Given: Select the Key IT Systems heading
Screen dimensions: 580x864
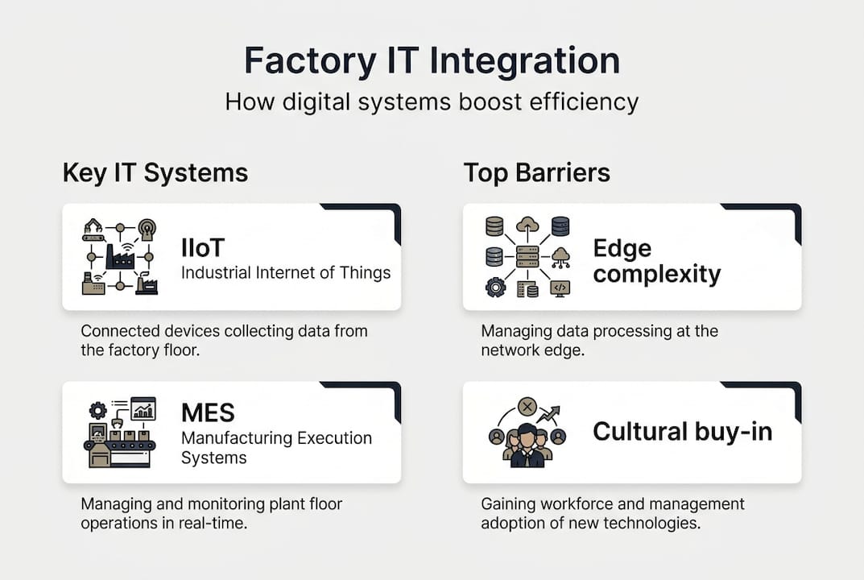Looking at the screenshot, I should [155, 172].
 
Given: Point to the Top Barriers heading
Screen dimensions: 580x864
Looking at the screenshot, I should [536, 172].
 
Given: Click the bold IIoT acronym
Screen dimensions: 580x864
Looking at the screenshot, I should [202, 248].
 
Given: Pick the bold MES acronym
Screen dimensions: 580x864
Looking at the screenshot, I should [208, 413].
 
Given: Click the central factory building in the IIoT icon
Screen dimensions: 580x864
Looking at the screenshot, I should [119, 256].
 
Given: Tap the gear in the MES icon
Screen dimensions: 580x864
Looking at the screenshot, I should [97, 408].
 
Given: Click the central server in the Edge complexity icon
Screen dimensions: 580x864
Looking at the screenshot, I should [527, 257].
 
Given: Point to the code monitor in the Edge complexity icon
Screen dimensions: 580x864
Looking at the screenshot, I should [560, 288].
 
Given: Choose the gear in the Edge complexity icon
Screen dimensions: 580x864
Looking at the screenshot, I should [495, 287].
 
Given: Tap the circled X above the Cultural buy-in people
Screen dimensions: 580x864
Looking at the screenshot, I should [527, 406].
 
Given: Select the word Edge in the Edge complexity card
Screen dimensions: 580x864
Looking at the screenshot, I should [622, 248].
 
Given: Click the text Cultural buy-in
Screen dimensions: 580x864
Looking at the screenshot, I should [682, 432].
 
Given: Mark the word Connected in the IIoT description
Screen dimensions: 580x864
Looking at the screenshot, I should [118, 331].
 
